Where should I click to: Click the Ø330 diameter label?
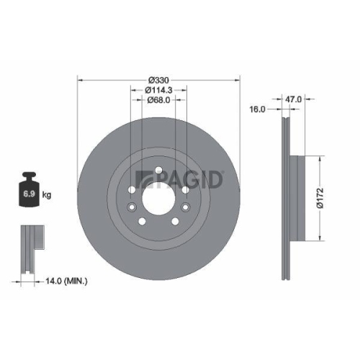pyautogui.click(x=158, y=79)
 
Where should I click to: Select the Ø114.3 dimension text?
pyautogui.click(x=159, y=89)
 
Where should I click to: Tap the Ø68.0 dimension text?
pyautogui.click(x=159, y=100)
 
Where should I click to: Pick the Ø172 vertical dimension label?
pyautogui.click(x=327, y=197)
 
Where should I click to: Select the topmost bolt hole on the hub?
pyautogui.click(x=159, y=171)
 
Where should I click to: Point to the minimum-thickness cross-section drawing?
pyautogui.click(x=29, y=249)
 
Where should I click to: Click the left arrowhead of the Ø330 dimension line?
pyautogui.click(x=78, y=79)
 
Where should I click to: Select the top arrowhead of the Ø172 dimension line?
pyautogui.click(x=318, y=156)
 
